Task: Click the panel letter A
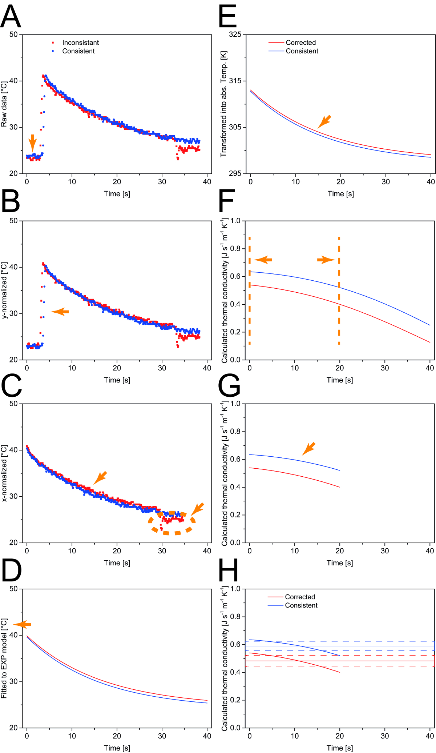tap(11, 16)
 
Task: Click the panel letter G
tap(229, 385)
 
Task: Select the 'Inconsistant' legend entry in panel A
tap(80, 43)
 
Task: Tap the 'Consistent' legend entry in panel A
tap(78, 51)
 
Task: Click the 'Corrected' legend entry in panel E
tap(300, 43)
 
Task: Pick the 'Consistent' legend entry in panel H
tap(301, 605)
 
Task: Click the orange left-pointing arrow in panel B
tap(60, 312)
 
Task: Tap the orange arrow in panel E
tap(324, 121)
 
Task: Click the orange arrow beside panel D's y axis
tap(22, 625)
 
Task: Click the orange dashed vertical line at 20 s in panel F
tap(339, 291)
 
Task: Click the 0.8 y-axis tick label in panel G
tap(235, 432)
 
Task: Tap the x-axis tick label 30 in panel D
tap(162, 736)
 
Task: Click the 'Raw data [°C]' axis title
tap(4, 104)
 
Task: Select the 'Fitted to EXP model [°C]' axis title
tap(4, 658)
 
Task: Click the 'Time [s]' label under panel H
tap(340, 748)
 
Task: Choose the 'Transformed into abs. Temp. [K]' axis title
tap(223, 104)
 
